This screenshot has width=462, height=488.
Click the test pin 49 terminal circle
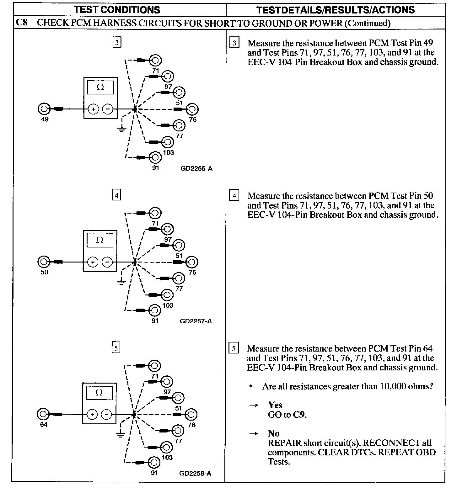[44, 109]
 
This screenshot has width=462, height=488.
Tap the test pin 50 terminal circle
[44, 262]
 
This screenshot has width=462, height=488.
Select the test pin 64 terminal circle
[43, 414]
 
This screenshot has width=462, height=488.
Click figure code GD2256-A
[196, 169]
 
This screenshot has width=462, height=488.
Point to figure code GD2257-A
[196, 321]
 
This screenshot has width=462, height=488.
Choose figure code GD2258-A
[195, 474]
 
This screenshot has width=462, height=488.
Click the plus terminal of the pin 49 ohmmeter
[94, 109]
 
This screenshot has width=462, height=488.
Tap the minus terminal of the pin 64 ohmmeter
[107, 414]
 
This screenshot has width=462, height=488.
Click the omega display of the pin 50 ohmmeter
[100, 240]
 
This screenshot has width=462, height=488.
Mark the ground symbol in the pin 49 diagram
[121, 128]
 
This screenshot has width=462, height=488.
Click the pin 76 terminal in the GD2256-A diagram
[192, 109]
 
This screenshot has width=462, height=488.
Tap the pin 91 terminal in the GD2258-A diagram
[154, 462]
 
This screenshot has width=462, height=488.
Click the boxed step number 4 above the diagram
[116, 195]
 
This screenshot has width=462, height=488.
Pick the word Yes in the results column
[275, 405]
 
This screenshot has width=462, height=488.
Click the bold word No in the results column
[274, 433]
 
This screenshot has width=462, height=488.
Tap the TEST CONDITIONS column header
[117, 10]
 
